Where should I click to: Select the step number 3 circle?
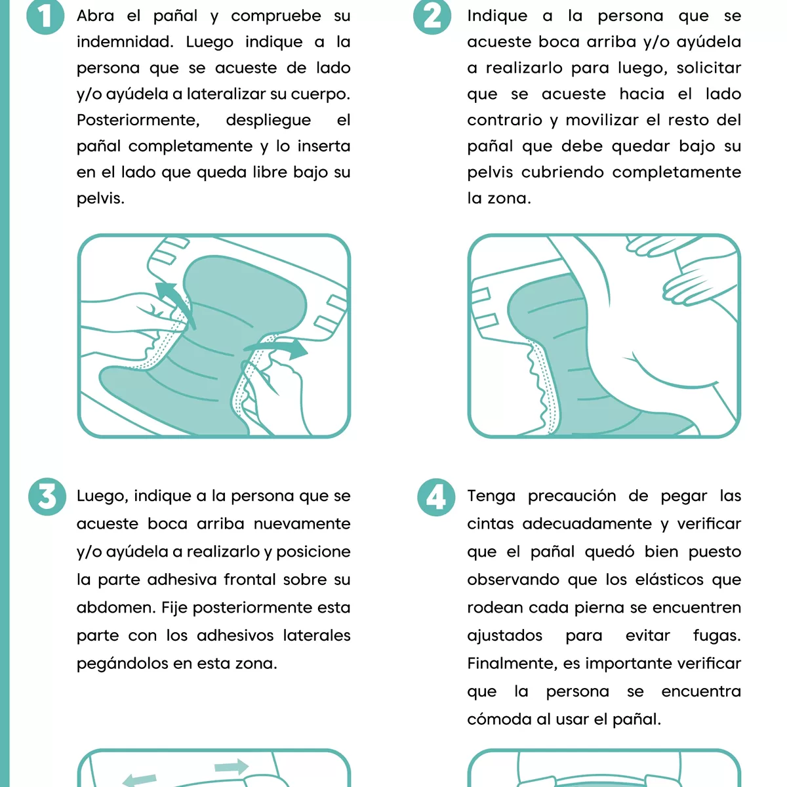47,496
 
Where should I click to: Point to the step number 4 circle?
436,497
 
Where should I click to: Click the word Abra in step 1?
95,16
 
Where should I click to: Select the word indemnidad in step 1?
124,42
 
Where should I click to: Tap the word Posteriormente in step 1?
138,120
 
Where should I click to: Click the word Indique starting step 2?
497,16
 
